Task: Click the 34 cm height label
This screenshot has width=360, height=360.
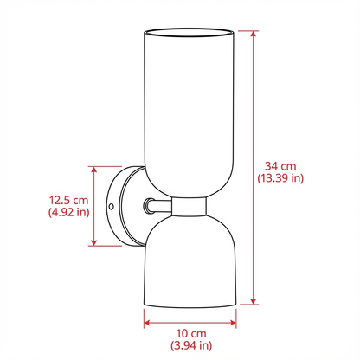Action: (280, 165)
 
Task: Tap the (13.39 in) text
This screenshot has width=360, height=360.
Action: (280, 178)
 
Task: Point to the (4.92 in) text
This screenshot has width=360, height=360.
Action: (68, 213)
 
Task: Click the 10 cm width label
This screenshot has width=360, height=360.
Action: (190, 333)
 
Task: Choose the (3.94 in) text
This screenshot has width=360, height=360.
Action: (190, 346)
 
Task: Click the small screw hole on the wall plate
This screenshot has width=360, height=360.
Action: (112, 206)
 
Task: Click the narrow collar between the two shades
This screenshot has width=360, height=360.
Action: (190, 206)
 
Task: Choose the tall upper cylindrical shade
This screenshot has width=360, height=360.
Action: (190, 112)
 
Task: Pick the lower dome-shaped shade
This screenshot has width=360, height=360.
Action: (190, 260)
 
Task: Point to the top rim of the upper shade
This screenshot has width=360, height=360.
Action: (190, 34)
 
